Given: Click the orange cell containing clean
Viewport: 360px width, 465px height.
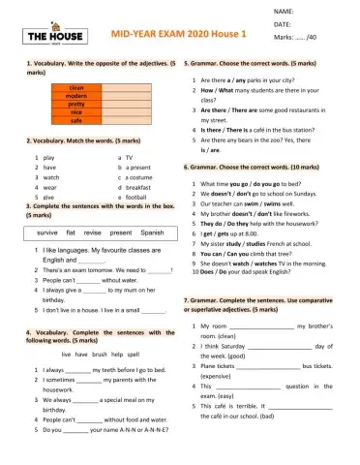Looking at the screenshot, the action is (x=76, y=88).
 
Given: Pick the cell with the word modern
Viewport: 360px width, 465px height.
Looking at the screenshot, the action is (x=76, y=97).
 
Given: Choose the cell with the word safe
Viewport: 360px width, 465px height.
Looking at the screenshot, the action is (x=76, y=121).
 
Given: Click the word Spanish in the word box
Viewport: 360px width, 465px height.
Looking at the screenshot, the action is (x=153, y=233).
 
